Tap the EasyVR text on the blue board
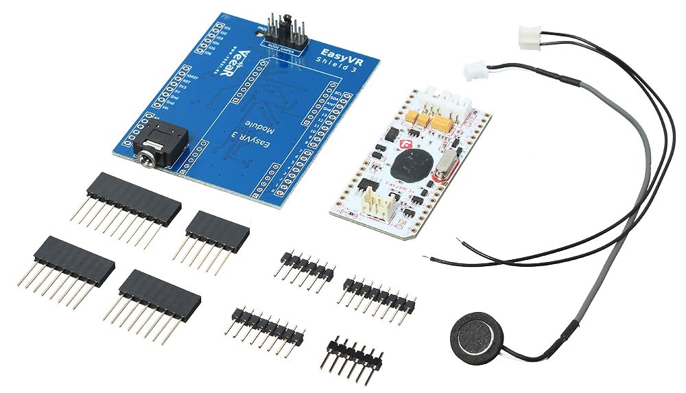pyautogui.click(x=337, y=51)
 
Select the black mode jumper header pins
pyautogui.click(x=281, y=27)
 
